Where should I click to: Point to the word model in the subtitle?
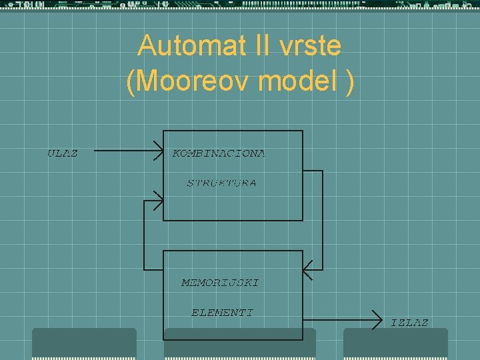coord(295,82)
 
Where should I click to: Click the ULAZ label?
coord(62,153)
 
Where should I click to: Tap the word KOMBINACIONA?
coord(219,153)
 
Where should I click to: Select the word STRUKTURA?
coord(221,183)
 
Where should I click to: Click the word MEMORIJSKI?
coord(220,283)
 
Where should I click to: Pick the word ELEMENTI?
coord(222,312)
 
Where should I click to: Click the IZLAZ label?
coord(409,323)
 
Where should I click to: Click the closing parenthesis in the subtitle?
coord(349,82)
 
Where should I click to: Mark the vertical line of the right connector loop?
coord(323,220)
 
